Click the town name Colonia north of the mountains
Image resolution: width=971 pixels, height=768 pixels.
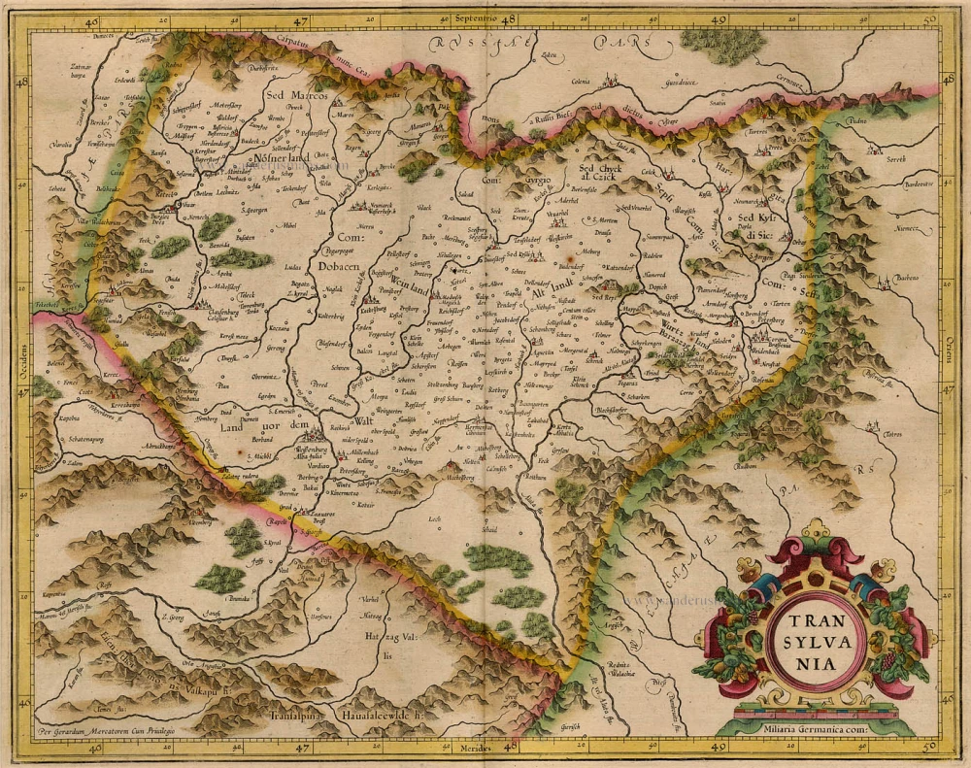click(x=581, y=83)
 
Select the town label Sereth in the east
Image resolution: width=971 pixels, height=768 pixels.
click(x=894, y=158)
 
